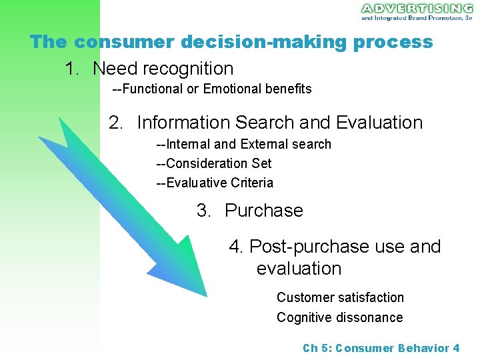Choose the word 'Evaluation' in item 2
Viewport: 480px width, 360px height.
pyautogui.click(x=379, y=123)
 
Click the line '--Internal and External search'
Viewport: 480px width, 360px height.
pyautogui.click(x=243, y=144)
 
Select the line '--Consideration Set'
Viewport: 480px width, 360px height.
pyautogui.click(x=213, y=163)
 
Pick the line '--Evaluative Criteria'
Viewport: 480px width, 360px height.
pyautogui.click(x=214, y=183)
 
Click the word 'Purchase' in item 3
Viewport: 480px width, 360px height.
pyautogui.click(x=263, y=211)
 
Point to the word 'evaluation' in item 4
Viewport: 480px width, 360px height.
pyautogui.click(x=299, y=269)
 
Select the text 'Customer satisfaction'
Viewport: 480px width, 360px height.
pyautogui.click(x=340, y=297)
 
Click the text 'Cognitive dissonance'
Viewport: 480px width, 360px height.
pyautogui.click(x=339, y=317)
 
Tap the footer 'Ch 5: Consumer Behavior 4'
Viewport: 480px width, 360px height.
pyautogui.click(x=381, y=348)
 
